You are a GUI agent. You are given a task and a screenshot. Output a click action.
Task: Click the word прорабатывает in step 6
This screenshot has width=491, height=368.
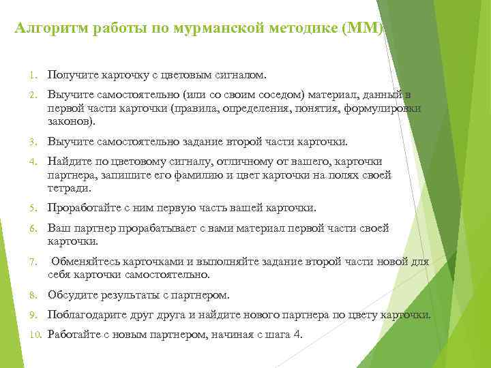[161, 228]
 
